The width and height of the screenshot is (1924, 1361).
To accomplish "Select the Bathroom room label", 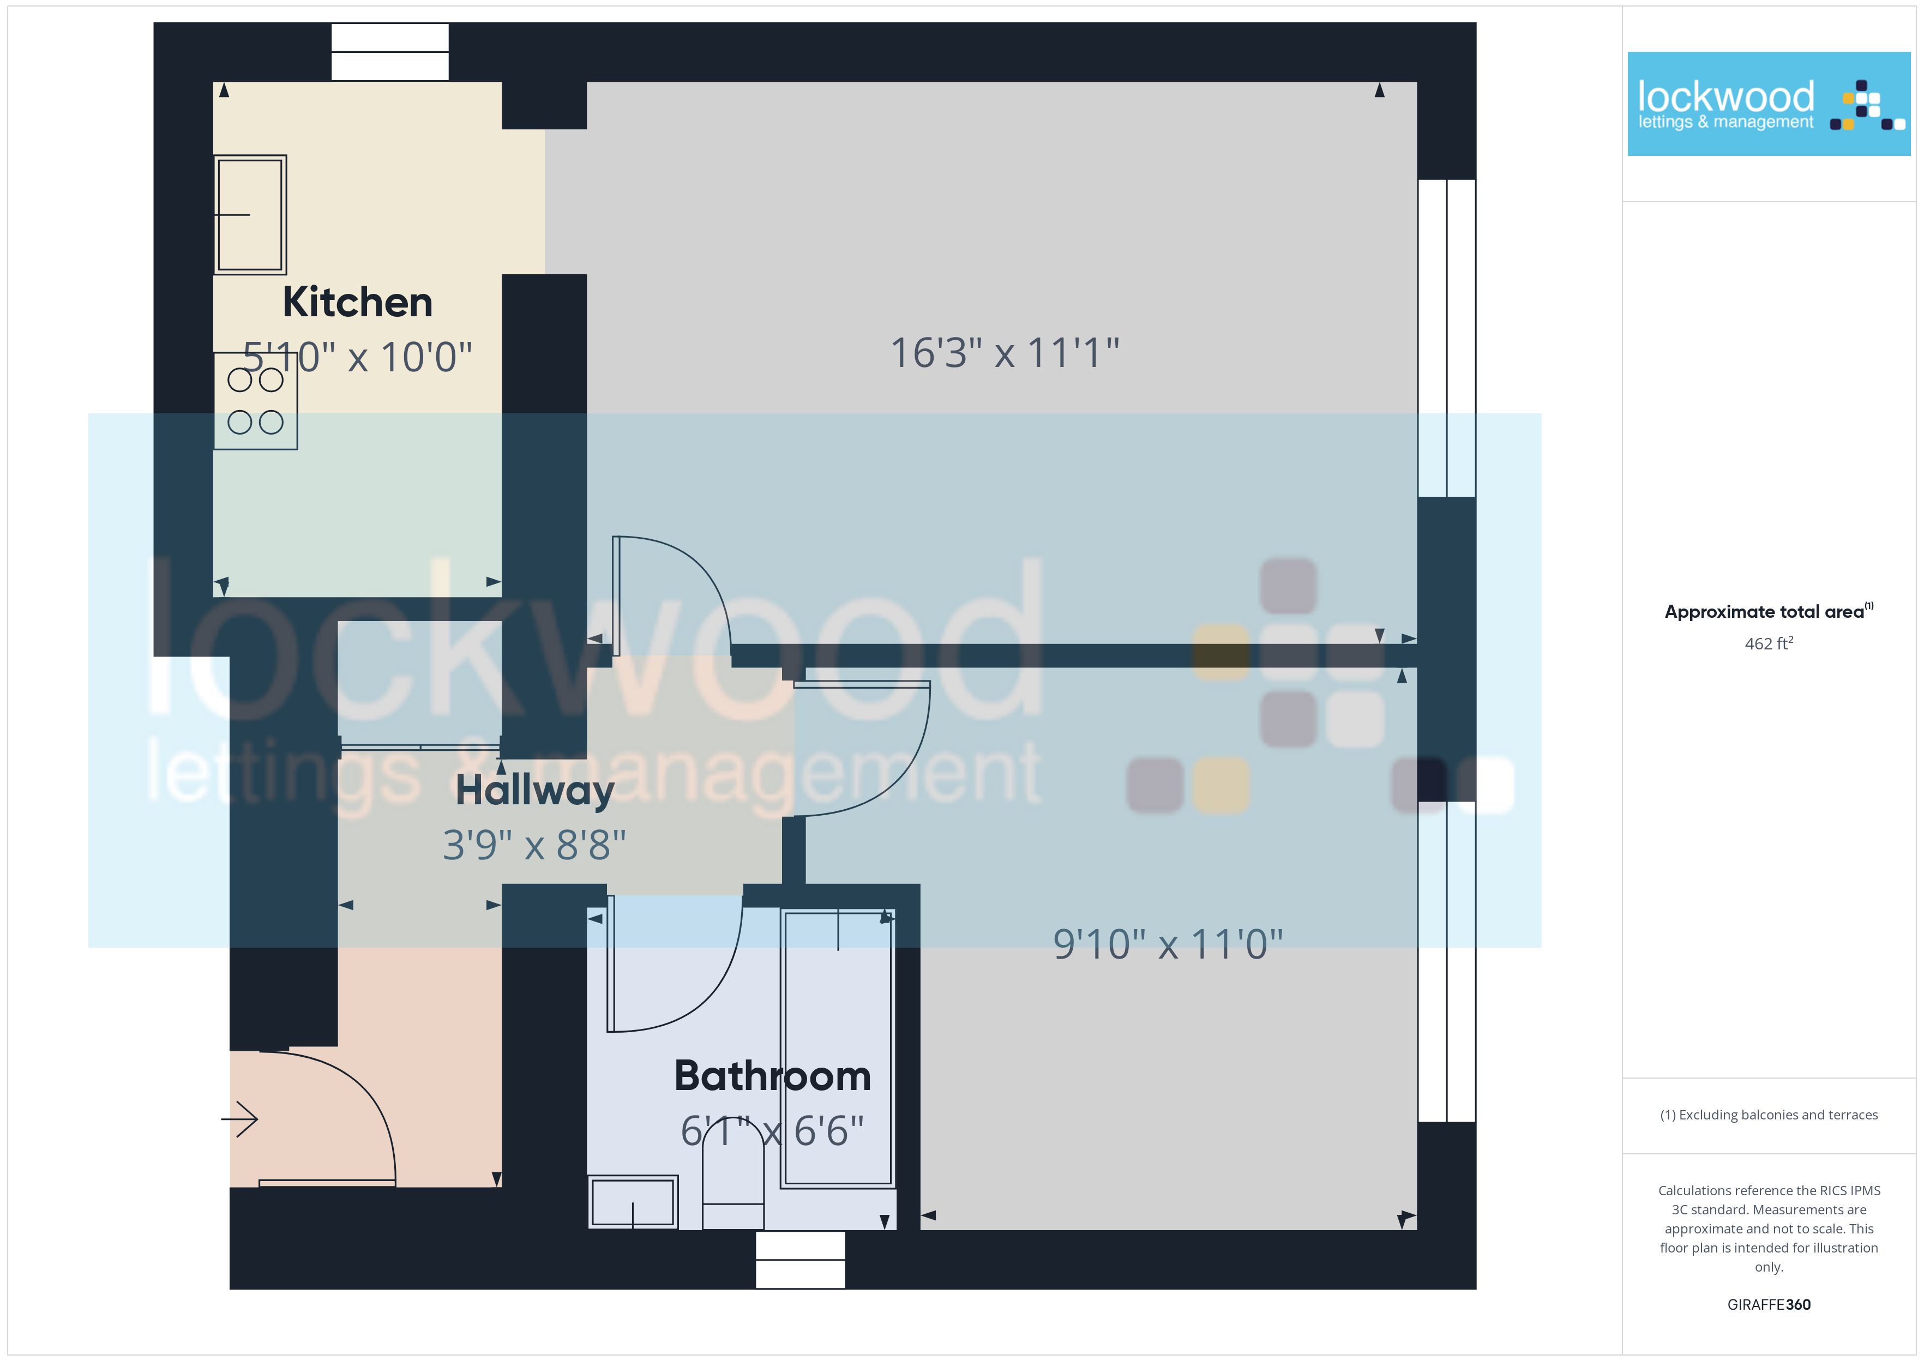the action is click(773, 1076).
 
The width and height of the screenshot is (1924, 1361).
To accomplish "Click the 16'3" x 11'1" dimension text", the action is click(1005, 353).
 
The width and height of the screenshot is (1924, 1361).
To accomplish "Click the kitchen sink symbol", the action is click(250, 214).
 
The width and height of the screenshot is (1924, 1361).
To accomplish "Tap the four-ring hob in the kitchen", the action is click(256, 401).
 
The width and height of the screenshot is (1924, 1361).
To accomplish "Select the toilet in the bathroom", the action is click(733, 1173).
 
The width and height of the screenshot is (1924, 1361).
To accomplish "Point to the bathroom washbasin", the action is click(633, 1202).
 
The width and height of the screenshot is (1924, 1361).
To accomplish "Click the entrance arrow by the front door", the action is click(239, 1119).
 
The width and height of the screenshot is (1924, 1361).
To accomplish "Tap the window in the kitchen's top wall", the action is click(390, 52).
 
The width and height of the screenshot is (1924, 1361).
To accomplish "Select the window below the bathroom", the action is click(800, 1260).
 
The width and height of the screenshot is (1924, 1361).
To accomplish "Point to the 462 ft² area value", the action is click(1769, 643).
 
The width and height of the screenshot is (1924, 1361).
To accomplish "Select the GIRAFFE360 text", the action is click(1769, 1305).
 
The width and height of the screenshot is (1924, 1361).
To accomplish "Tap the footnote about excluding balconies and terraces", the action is click(1769, 1115).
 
